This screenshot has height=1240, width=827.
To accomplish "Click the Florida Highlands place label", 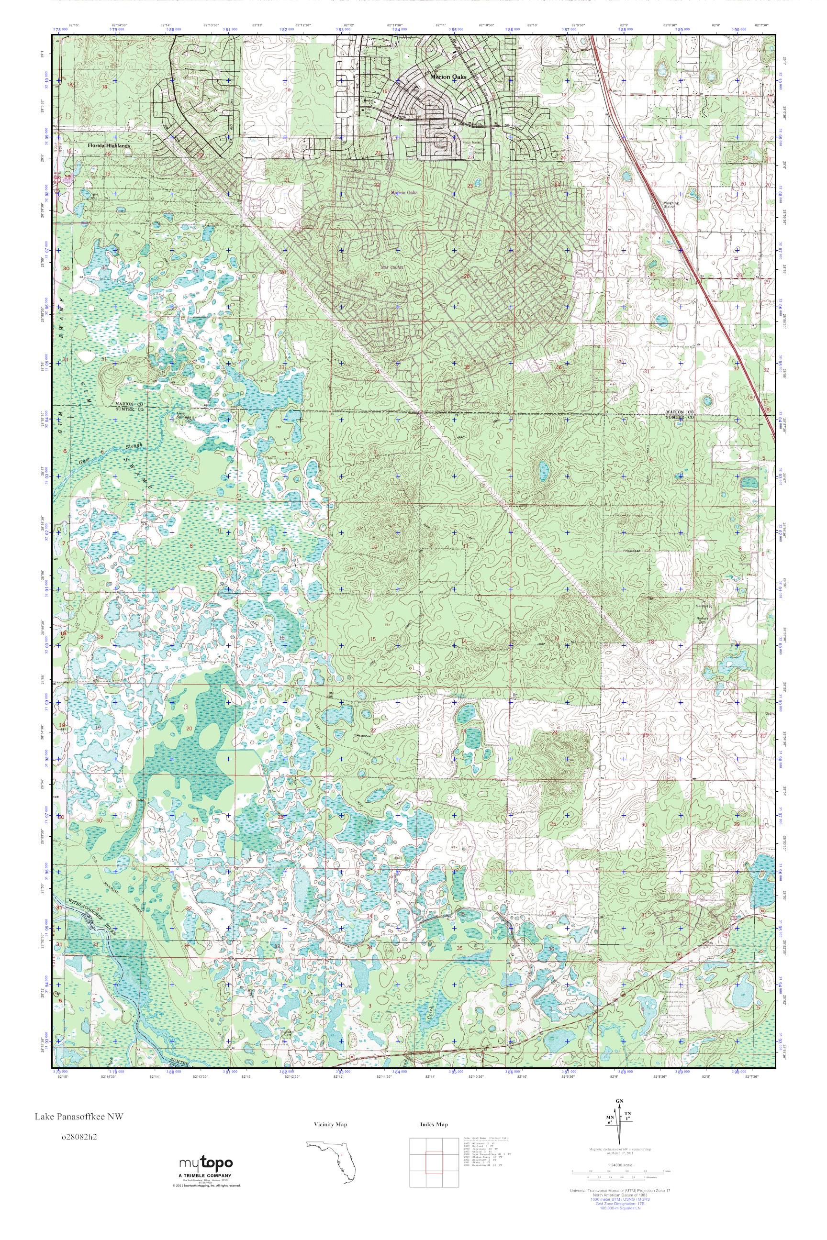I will (109, 145).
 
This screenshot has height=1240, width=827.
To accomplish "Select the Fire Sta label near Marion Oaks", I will (368, 104).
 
